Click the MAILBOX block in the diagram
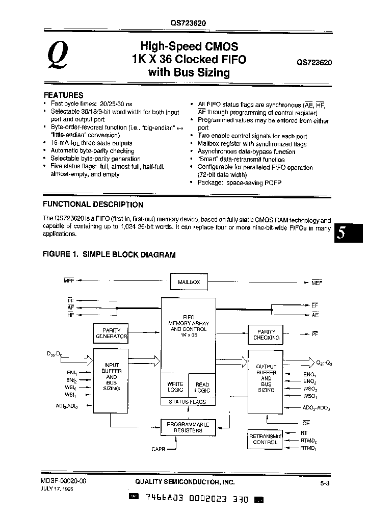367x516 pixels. coord(189,281)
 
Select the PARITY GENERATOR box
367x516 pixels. coord(111,333)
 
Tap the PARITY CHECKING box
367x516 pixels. coord(266,334)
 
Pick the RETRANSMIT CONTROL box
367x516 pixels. coord(265,439)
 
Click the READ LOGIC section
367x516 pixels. coord(202,386)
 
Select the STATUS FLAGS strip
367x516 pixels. coord(188,402)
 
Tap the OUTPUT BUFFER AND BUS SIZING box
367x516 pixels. coord(266,378)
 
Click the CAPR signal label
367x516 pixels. coord(159,449)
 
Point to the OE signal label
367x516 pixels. coord(306,423)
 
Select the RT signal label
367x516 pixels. coord(304,432)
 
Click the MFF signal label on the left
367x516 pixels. coord(69,280)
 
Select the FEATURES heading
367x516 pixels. coord(63,95)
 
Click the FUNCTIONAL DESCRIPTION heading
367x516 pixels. coord(93,204)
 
